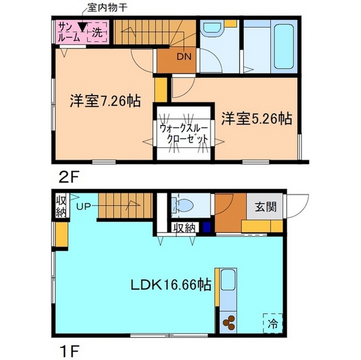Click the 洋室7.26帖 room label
click(105, 102)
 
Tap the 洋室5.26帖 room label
click(256, 119)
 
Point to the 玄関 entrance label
click(266, 207)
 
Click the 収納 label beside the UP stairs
click(60, 206)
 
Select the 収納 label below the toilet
click(184, 228)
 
